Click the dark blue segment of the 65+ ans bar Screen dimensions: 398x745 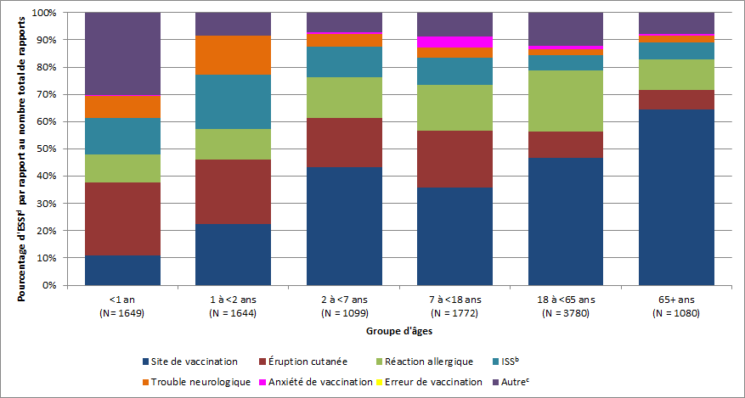point(676,197)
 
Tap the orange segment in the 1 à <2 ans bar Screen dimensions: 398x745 point(234,55)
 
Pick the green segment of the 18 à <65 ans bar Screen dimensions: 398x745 point(566,101)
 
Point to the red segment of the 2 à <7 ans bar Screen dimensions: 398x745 point(344,143)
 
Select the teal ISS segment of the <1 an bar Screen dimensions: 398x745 point(123,136)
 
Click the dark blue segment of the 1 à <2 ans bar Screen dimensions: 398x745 point(234,254)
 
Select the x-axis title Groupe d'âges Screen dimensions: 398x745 point(399,330)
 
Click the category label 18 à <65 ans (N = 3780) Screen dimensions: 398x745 point(566,305)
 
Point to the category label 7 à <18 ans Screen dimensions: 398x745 point(454,299)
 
